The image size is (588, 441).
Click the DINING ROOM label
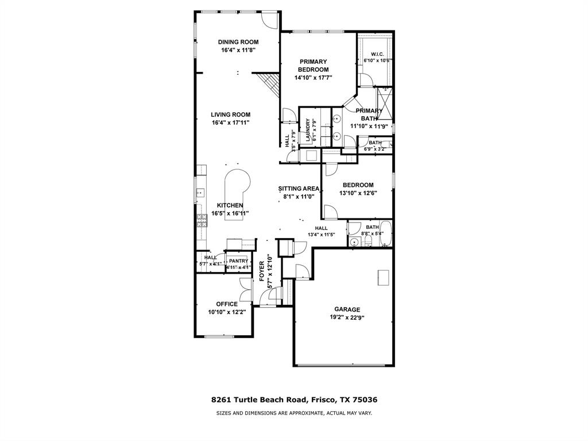(x=238, y=42)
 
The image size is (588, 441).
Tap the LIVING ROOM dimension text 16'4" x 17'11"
(x=230, y=122)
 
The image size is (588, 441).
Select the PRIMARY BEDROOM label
(x=313, y=66)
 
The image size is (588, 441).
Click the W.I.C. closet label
(x=377, y=54)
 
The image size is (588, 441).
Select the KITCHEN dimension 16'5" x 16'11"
(x=230, y=213)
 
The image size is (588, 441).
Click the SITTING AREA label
(x=299, y=188)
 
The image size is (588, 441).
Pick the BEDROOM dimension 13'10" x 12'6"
(x=358, y=193)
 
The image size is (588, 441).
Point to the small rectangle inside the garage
(x=384, y=277)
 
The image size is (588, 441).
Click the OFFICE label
(x=226, y=304)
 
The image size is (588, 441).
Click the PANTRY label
(x=238, y=261)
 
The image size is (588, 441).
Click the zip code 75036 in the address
(x=364, y=400)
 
